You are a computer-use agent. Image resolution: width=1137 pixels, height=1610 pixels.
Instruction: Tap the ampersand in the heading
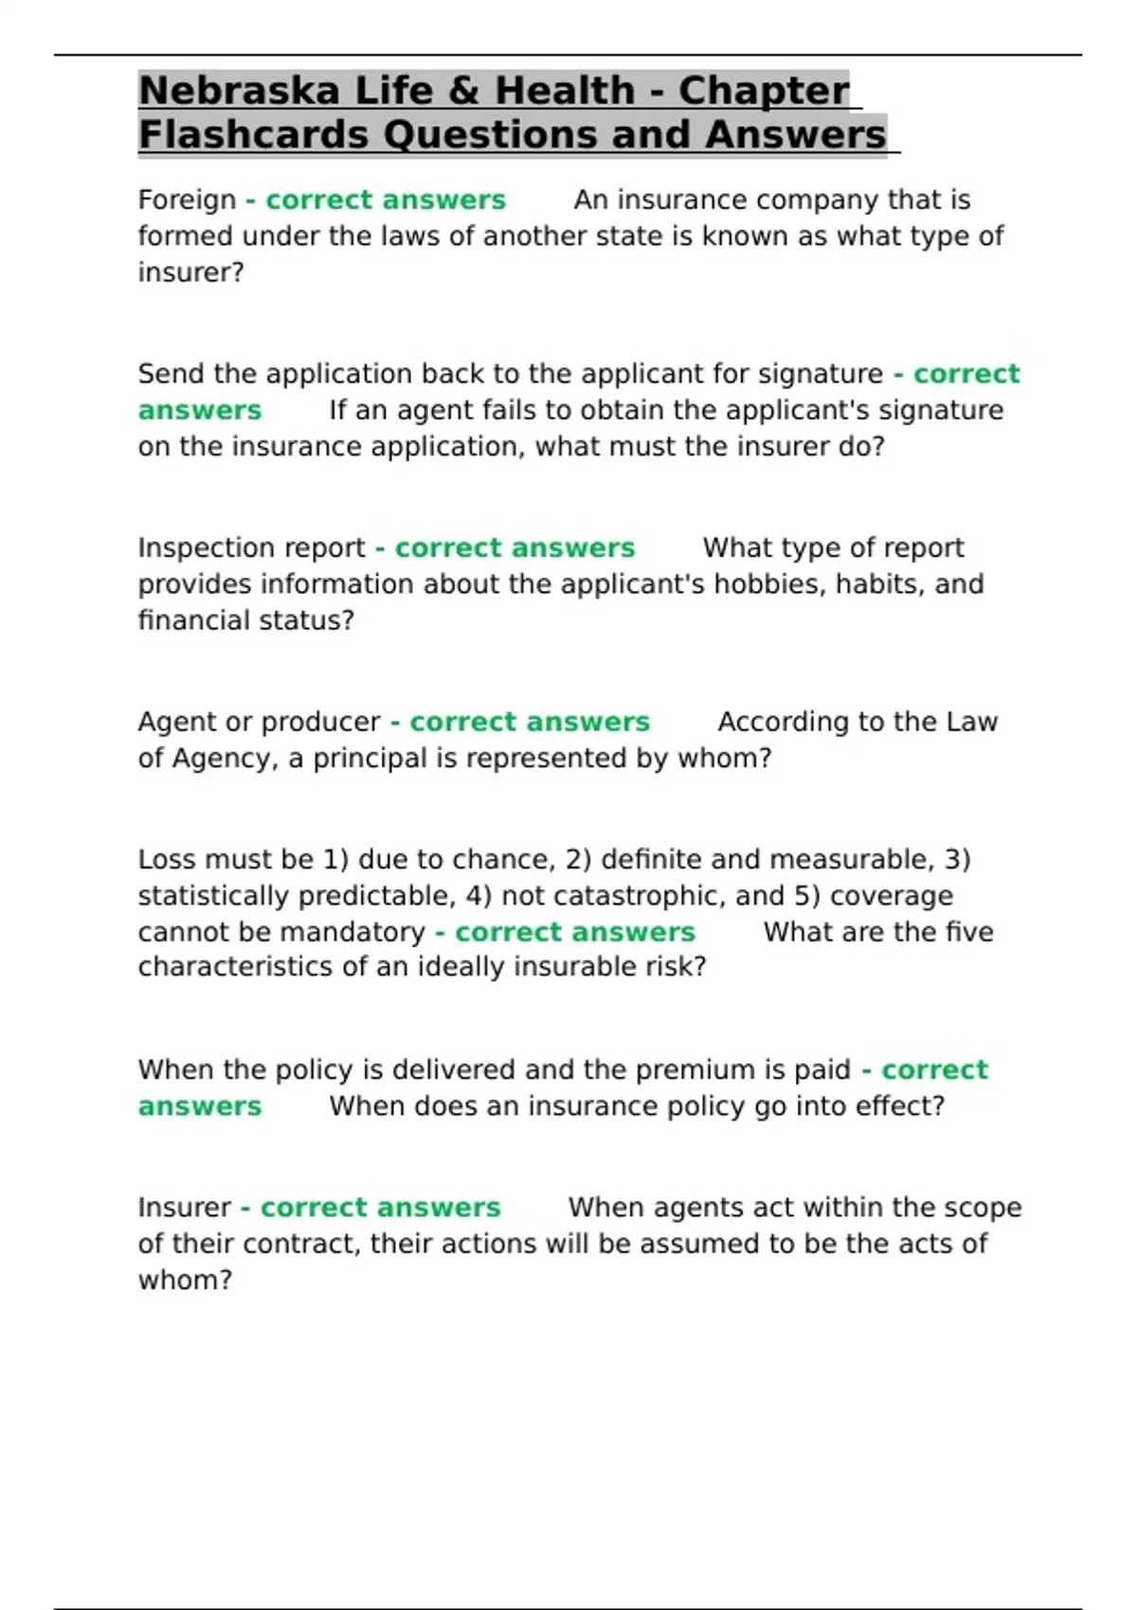pos(463,91)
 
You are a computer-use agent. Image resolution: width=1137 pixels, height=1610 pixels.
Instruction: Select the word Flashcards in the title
pos(253,134)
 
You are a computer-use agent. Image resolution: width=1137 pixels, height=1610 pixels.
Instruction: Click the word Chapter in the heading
pos(764,91)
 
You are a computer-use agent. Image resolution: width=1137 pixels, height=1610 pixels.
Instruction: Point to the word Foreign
pos(187,200)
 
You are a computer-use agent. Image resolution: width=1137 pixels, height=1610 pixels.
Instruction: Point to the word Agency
pos(225,759)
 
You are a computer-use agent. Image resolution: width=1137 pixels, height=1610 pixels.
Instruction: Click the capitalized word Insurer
pos(184,1207)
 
